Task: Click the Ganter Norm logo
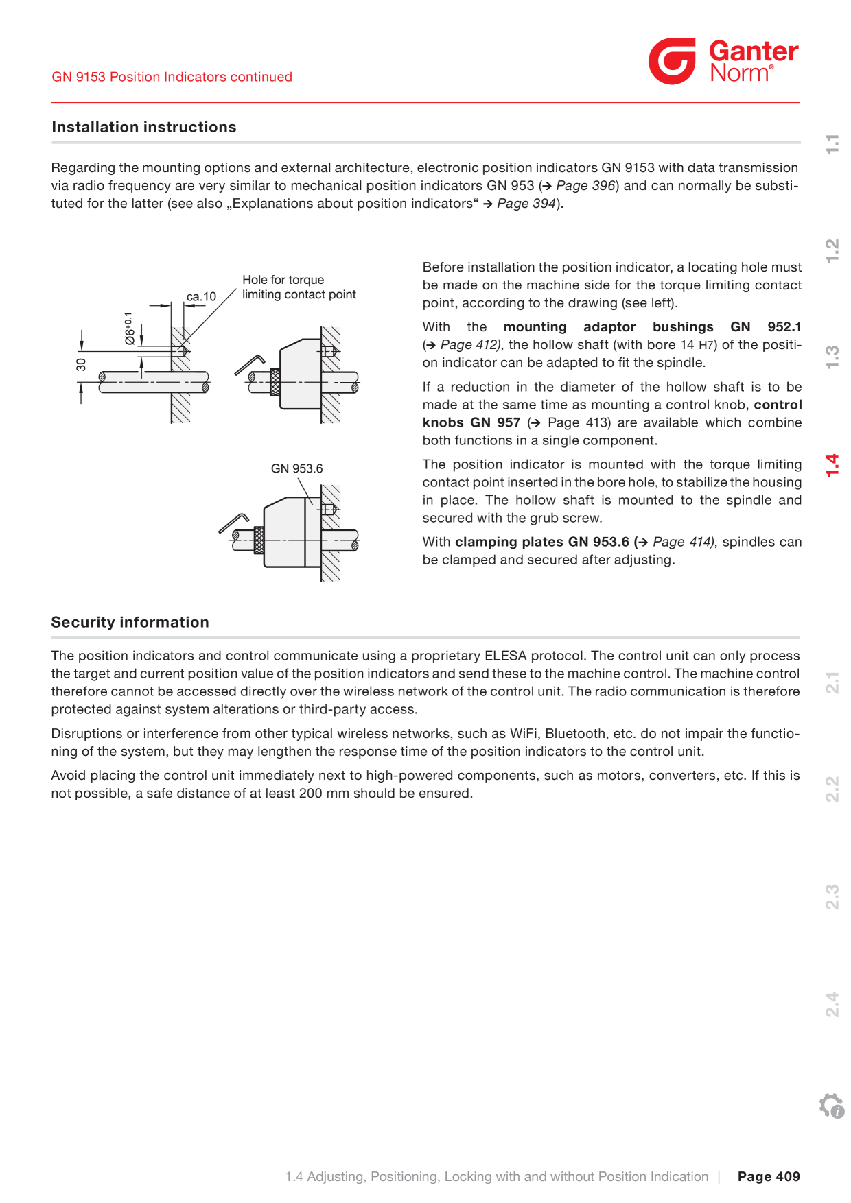tap(723, 61)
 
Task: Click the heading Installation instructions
tap(144, 127)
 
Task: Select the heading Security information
tap(130, 622)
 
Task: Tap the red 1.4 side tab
tap(832, 465)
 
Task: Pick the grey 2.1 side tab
tap(832, 682)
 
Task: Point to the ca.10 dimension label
tap(201, 296)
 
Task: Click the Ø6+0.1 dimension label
tap(128, 328)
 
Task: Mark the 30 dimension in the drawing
tap(82, 364)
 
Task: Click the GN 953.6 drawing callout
tap(296, 468)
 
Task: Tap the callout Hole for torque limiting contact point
tap(299, 287)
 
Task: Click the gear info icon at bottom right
tap(832, 1106)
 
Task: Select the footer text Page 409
tap(769, 1176)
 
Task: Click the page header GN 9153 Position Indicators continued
tap(172, 77)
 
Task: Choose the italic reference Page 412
tap(470, 344)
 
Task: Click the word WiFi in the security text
tap(524, 734)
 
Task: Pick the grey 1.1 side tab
tap(832, 143)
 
